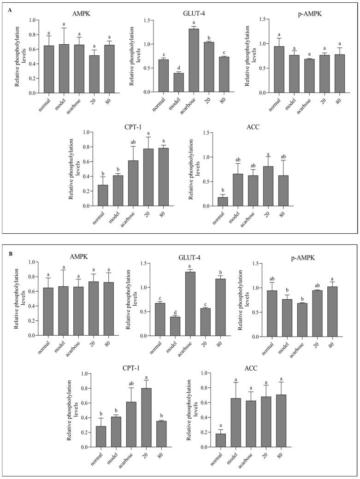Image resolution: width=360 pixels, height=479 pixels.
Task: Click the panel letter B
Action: [x=10, y=253]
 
